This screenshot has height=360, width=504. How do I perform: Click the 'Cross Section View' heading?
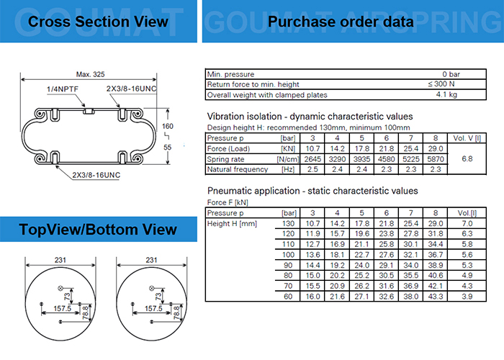(x=98, y=22)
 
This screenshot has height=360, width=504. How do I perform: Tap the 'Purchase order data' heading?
(x=341, y=22)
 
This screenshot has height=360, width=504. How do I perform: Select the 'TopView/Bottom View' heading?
(x=98, y=230)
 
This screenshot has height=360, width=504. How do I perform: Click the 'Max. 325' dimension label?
(x=90, y=74)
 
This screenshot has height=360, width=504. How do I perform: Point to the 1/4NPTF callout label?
(x=63, y=89)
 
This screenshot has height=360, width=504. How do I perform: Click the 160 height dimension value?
(x=168, y=126)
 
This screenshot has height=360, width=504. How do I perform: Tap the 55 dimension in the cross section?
(x=168, y=147)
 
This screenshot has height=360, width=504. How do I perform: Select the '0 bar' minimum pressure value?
(x=451, y=74)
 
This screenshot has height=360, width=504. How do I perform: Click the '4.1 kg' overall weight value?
(x=446, y=94)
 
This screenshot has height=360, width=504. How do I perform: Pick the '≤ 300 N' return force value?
(x=441, y=84)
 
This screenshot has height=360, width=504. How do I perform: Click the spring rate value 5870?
(x=436, y=159)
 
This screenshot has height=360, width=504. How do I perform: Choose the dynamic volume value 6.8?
(x=467, y=159)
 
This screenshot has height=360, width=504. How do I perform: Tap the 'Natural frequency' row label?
(x=238, y=169)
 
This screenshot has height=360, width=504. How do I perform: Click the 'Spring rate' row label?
(x=225, y=159)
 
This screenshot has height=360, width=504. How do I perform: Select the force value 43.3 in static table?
(x=436, y=297)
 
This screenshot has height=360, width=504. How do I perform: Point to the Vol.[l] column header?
(x=467, y=213)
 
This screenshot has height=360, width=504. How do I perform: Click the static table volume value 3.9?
(x=467, y=297)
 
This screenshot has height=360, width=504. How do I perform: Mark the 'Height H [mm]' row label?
(x=232, y=223)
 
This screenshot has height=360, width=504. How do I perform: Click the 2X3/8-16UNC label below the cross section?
(x=96, y=175)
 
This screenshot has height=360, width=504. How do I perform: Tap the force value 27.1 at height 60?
(x=361, y=297)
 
